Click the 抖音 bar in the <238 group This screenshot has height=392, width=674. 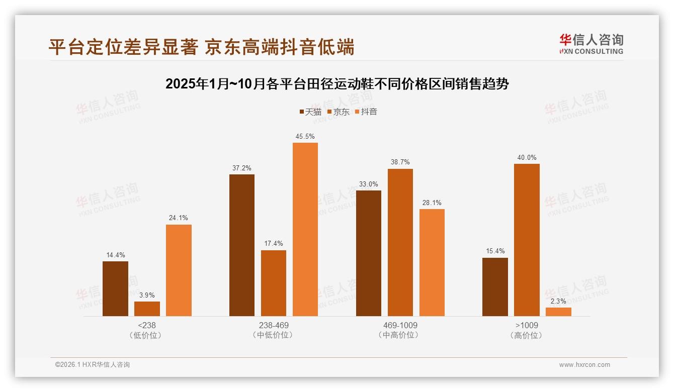tap(179, 270)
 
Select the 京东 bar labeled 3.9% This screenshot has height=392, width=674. tap(147, 309)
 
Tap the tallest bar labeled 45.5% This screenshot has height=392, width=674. tap(305, 229)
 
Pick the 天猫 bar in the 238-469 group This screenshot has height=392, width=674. tap(242, 245)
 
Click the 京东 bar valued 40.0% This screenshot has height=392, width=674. tap(527, 240)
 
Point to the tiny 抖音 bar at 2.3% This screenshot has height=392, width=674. tap(558, 312)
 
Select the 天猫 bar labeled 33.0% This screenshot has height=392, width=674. tap(369, 253)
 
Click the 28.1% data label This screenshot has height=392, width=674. tap(432, 203)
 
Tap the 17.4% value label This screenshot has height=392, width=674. tap(274, 244)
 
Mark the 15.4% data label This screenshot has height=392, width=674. tap(495, 251)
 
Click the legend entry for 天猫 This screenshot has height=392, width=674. tap(310, 112)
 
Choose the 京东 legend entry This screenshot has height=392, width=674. tap(339, 112)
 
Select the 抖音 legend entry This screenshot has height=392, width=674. tap(366, 112)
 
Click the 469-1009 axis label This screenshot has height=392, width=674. tap(400, 326)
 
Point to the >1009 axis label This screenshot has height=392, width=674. tap(527, 326)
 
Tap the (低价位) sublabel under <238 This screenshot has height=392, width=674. tap(146, 335)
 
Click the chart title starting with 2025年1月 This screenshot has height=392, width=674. tap(337, 84)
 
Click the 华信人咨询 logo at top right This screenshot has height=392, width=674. tap(592, 44)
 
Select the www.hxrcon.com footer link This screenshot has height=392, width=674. tap(584, 365)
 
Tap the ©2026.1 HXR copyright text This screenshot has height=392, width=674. tap(93, 365)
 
